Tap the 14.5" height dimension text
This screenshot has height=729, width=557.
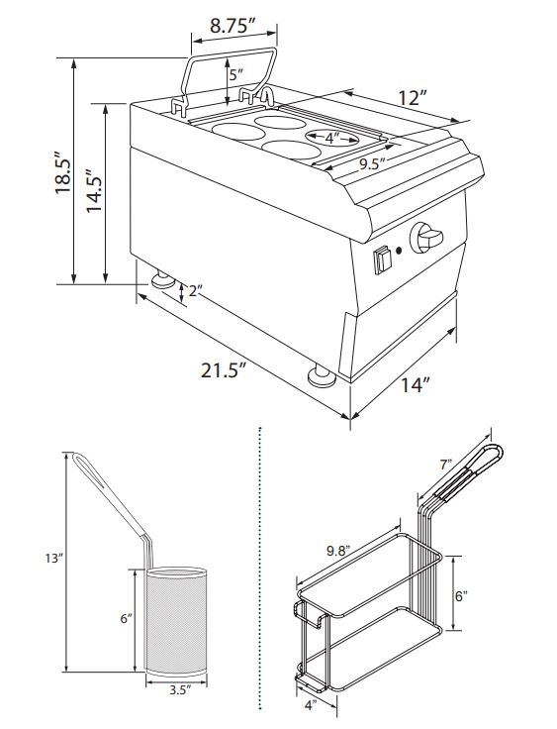click(96, 188)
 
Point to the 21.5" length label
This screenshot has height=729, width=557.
click(223, 370)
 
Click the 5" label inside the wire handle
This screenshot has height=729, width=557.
click(233, 74)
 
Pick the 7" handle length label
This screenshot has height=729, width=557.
click(446, 463)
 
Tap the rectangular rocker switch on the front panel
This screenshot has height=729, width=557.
click(382, 260)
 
